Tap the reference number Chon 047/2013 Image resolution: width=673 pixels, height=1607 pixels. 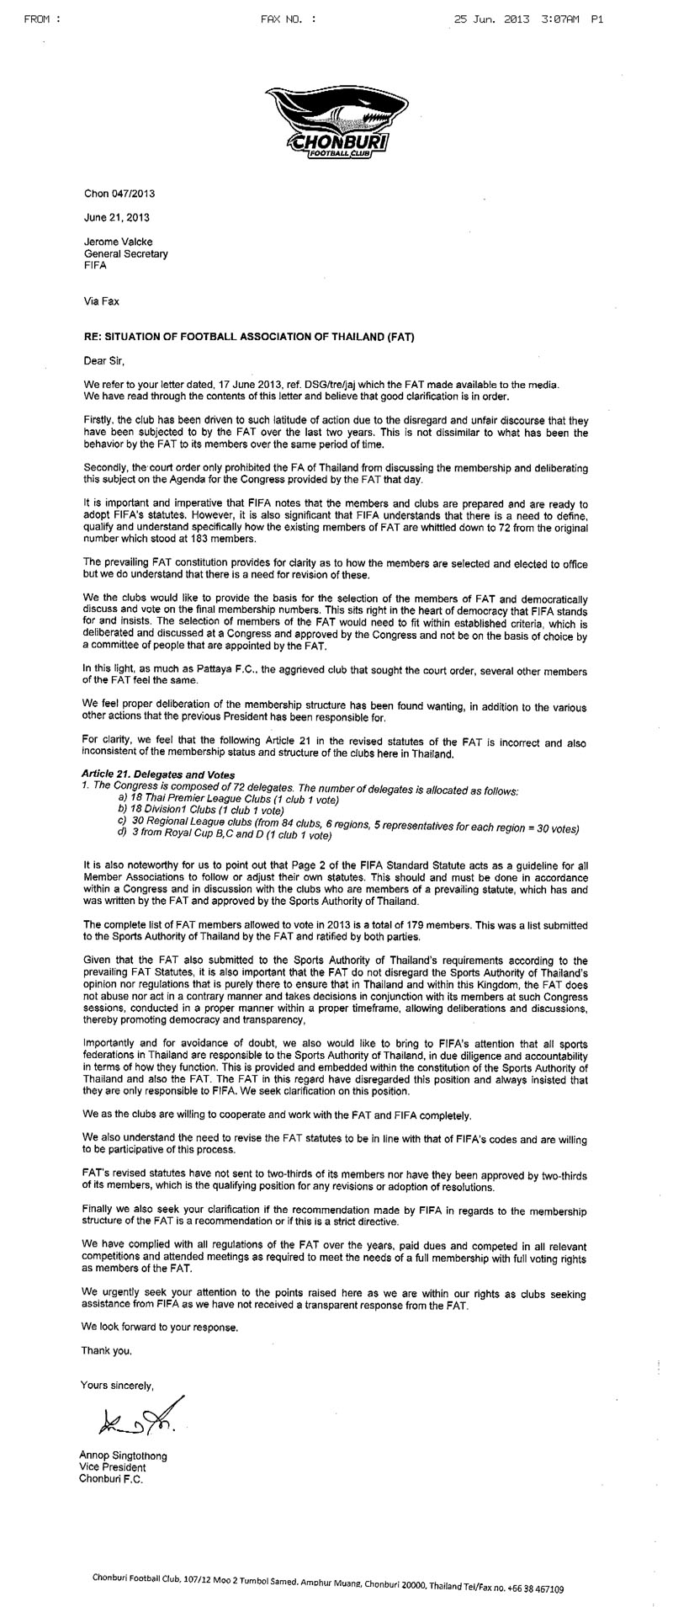click(119, 193)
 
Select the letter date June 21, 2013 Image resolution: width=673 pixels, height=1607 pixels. click(116, 217)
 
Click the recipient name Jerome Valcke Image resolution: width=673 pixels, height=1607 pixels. click(118, 242)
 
